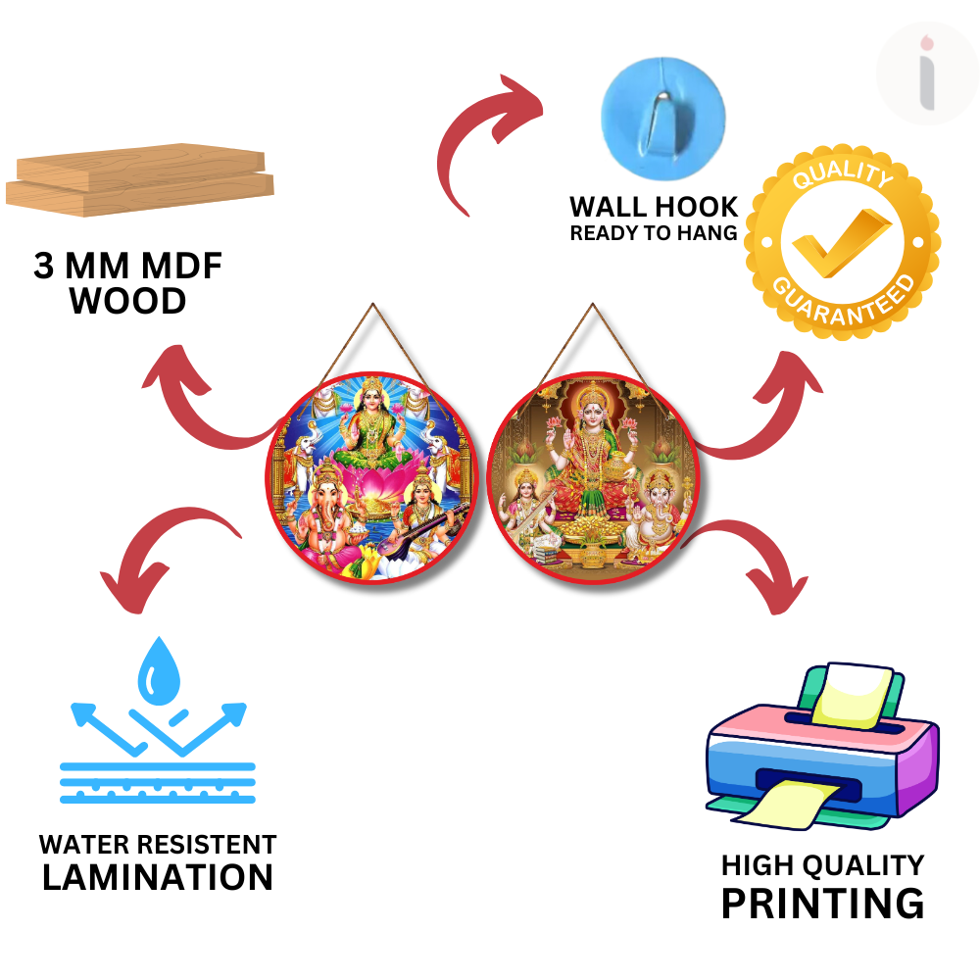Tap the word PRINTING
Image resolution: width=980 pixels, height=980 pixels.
pyautogui.click(x=822, y=903)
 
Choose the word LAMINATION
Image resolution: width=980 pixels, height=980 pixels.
pyautogui.click(x=158, y=877)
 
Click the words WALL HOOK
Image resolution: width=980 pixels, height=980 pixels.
pyautogui.click(x=654, y=207)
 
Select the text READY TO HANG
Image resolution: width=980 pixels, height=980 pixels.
pyautogui.click(x=654, y=233)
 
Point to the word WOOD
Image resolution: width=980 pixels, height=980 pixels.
pyautogui.click(x=127, y=301)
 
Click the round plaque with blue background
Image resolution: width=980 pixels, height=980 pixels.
pyautogui.click(x=373, y=474)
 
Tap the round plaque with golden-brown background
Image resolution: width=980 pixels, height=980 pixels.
pyautogui.click(x=593, y=476)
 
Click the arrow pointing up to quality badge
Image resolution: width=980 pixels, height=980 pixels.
pyautogui.click(x=774, y=412)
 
